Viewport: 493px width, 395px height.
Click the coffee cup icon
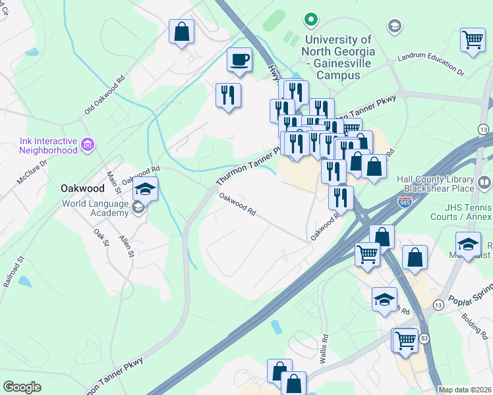click(239, 61)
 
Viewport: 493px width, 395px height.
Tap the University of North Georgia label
click(339, 57)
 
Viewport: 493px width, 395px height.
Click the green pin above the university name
click(311, 20)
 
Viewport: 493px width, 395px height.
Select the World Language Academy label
click(96, 208)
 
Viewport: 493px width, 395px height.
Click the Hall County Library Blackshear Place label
click(435, 184)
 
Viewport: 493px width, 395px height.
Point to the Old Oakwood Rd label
click(105, 94)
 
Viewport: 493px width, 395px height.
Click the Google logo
click(22, 386)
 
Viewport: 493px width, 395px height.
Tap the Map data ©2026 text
click(465, 390)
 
